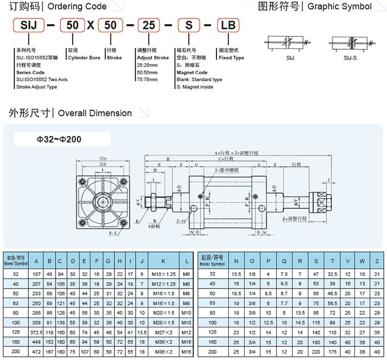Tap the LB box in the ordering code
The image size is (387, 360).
[x=229, y=26]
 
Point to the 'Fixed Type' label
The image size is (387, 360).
[x=232, y=58]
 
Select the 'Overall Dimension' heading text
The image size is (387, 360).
[x=95, y=113]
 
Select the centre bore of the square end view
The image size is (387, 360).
[x=102, y=201]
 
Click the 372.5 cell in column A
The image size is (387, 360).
[x=37, y=332]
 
